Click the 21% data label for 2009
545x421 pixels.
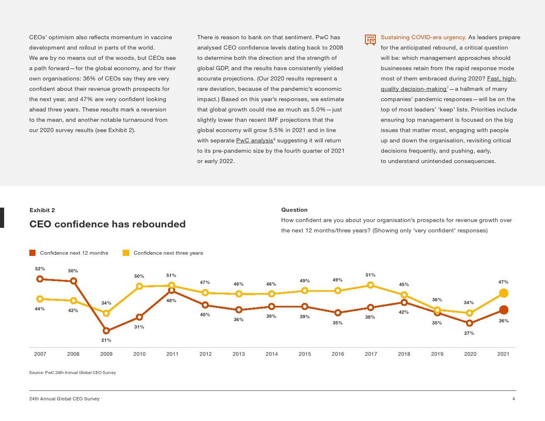tap(106, 340)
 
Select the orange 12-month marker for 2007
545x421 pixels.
tap(40, 279)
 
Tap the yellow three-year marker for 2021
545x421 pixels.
tap(503, 293)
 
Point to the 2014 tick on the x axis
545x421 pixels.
tap(272, 354)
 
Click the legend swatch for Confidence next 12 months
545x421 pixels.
tap(33, 253)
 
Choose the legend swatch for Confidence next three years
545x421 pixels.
tap(126, 253)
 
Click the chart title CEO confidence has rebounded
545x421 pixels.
tap(107, 224)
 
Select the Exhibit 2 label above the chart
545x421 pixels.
tap(42, 210)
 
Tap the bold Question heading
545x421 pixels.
tap(294, 210)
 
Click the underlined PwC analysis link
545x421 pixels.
tap(254, 141)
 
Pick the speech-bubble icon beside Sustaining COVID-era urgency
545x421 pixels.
tap(370, 40)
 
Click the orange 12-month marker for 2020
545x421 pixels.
tap(469, 323)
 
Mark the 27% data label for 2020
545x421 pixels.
tap(469, 333)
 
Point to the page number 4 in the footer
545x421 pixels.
tap(514, 399)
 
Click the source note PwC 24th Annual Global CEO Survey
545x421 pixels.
tap(72, 372)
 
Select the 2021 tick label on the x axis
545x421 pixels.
tap(503, 354)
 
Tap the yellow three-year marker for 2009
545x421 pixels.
tap(106, 313)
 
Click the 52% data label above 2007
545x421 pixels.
tap(40, 269)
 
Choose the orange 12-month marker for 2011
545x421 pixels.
tap(172, 291)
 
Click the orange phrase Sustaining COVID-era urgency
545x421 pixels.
tap(423, 38)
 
